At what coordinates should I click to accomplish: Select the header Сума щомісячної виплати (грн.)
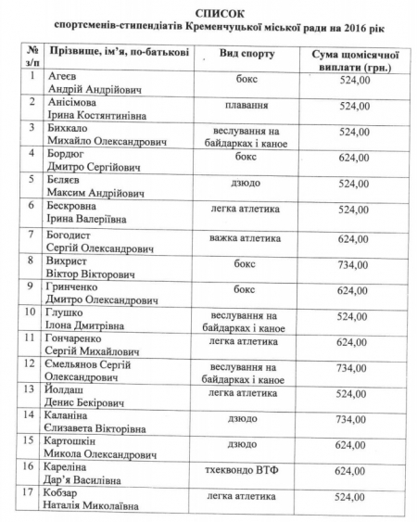[x=354, y=61]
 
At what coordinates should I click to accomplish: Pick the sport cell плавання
[x=247, y=106]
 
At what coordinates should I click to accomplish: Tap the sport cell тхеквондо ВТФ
[x=247, y=470]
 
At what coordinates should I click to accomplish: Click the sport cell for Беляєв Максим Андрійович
[x=247, y=184]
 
